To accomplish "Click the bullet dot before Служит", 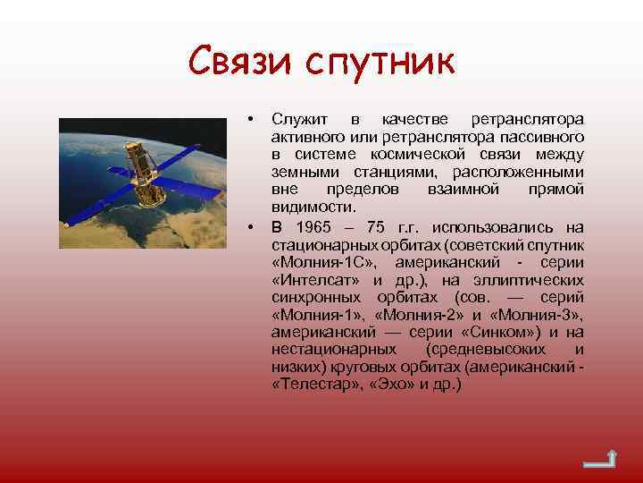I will (253, 120).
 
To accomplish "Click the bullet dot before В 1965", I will (253, 227).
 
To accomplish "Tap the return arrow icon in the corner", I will (597, 460).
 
